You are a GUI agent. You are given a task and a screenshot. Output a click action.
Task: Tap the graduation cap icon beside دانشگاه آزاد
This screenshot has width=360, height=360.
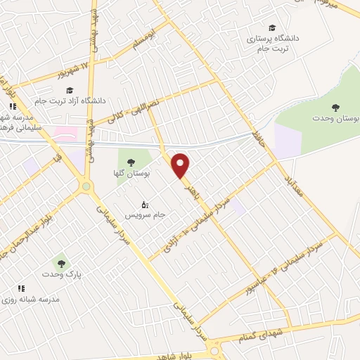69,90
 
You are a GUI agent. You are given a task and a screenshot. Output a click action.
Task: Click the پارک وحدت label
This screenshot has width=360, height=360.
62,275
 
